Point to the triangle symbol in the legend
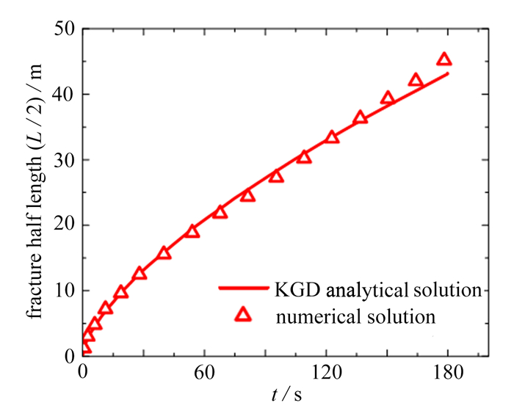[244, 316]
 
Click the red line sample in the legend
[243, 288]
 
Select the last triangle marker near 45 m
[444, 59]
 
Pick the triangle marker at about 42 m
[416, 81]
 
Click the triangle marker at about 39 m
[388, 99]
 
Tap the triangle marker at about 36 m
[360, 117]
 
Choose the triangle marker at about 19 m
[192, 231]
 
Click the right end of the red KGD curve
[447, 73]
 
